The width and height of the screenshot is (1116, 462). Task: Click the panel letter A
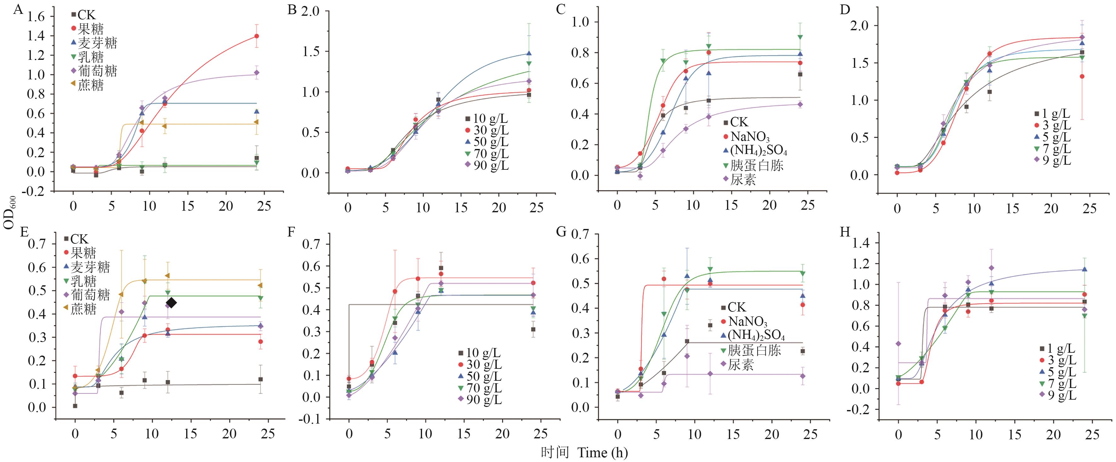tap(17, 9)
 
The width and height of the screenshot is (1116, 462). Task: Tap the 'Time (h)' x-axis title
tap(602, 453)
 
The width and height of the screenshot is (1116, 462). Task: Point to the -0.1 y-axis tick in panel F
tap(312, 419)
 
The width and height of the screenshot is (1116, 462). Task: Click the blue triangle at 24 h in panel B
tap(529, 54)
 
